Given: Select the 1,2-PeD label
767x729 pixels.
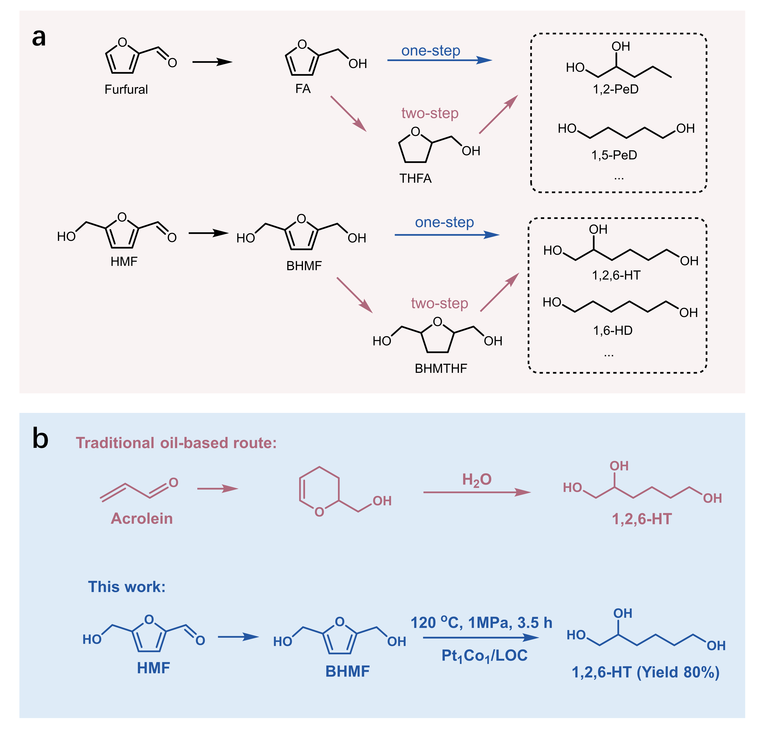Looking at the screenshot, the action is click(615, 89).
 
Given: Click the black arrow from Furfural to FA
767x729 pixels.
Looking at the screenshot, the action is click(212, 62).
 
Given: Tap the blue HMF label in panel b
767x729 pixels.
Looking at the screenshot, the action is click(153, 668).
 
